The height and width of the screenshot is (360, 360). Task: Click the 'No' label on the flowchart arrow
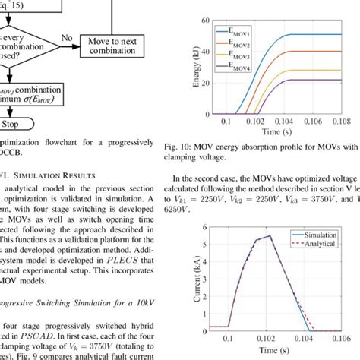point(68,36)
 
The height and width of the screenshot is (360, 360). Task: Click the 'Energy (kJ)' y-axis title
point(188,68)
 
